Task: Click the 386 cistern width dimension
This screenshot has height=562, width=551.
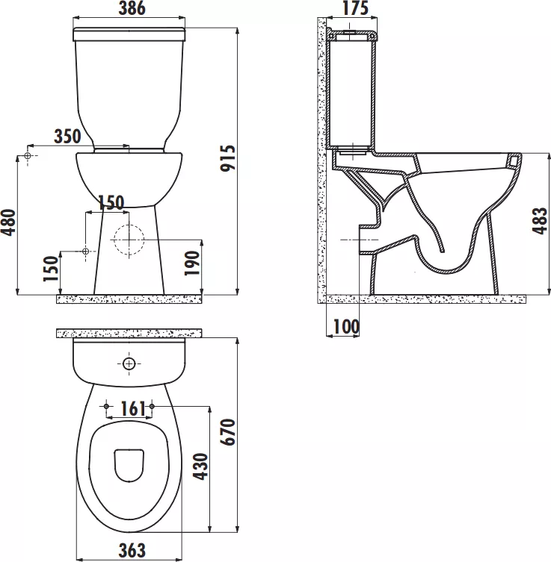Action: click(132, 9)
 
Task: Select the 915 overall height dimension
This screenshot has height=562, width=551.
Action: click(227, 158)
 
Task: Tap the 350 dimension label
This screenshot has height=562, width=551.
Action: click(67, 137)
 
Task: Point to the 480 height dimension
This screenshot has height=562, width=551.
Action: click(9, 222)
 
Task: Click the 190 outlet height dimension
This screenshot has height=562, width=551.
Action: click(191, 263)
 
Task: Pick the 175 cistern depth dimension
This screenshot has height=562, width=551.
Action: click(355, 8)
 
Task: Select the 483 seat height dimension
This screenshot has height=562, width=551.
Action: click(540, 221)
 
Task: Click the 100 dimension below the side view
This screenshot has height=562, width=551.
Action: click(346, 326)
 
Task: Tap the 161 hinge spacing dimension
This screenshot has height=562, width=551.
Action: click(133, 408)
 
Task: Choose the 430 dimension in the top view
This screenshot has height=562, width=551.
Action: click(200, 466)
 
